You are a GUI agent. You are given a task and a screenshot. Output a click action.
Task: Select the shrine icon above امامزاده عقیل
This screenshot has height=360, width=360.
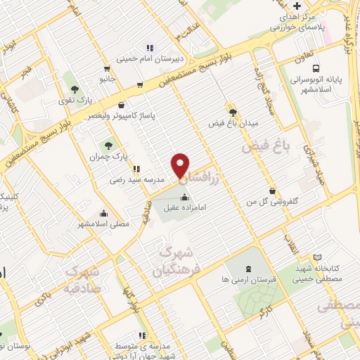185,196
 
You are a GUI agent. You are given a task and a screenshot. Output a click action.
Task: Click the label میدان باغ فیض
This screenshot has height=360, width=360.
233,123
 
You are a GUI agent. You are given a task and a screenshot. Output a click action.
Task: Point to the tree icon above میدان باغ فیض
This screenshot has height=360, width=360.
233,111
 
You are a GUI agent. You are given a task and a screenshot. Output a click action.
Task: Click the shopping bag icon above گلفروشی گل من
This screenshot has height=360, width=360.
272,190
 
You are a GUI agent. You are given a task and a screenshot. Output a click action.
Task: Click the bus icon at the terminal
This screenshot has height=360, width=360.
316,69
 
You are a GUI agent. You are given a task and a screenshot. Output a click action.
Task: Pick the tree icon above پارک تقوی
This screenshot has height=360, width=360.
75,89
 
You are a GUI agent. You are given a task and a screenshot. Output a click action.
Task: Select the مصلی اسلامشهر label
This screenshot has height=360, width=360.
103,225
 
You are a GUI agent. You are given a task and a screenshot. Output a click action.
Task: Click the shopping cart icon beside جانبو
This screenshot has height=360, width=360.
106,69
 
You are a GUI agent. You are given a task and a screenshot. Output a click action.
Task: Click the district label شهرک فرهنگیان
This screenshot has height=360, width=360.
177,260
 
